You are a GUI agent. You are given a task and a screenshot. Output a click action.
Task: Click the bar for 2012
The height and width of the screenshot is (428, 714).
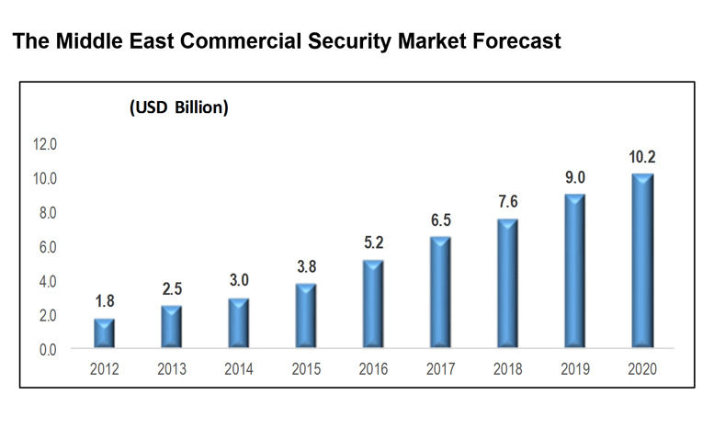tap(105, 333)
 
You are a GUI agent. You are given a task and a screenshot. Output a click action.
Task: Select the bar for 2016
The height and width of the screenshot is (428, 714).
tap(373, 304)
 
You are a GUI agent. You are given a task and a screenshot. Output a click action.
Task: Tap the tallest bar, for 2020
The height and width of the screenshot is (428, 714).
tap(641, 261)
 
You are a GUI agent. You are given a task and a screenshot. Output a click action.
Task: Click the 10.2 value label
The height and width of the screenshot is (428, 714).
tap(641, 157)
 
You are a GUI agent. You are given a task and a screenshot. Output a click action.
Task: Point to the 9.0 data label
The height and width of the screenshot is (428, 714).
tap(574, 177)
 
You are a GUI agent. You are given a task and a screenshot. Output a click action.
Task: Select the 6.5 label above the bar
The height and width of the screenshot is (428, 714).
tap(440, 220)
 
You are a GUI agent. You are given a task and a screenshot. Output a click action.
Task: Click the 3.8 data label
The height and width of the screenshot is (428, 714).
tap(306, 266)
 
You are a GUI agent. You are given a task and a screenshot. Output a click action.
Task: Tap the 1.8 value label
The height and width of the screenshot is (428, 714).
tap(105, 300)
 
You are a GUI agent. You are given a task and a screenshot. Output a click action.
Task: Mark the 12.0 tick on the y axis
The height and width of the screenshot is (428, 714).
tap(44, 144)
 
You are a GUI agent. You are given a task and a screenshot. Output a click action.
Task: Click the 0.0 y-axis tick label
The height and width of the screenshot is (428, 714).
tap(47, 349)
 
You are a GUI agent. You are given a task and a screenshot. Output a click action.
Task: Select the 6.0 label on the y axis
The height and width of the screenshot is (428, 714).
tap(47, 247)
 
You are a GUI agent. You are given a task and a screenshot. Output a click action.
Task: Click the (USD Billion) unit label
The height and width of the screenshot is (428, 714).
tap(178, 107)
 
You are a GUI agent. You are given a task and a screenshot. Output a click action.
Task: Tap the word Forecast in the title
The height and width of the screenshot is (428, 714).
tap(516, 41)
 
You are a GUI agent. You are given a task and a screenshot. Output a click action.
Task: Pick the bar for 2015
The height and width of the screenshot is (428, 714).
tap(306, 316)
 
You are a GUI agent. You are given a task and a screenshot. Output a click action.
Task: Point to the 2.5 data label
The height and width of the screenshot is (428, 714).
tap(172, 288)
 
